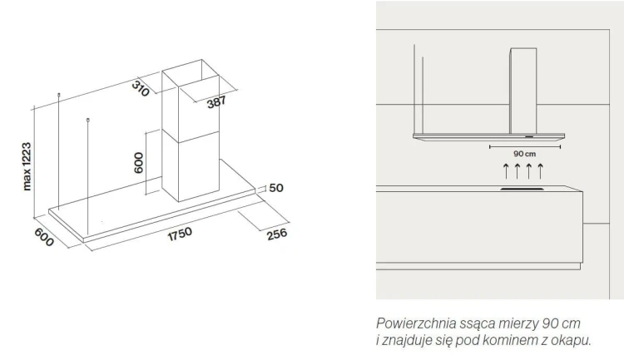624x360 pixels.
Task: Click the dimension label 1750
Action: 180,234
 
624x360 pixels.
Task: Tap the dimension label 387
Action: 216,102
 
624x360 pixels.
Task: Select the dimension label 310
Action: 141,89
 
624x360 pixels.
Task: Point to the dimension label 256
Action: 276,234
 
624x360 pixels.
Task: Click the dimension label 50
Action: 276,188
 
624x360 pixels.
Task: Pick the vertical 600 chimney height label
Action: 138,163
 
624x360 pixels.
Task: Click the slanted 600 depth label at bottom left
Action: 44,237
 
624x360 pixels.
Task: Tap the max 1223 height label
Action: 27,166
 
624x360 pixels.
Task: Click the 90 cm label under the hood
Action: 524,154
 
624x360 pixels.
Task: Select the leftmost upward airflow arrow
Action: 506,170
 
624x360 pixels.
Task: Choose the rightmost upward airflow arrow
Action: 540,170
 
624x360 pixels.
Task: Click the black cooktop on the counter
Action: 522,190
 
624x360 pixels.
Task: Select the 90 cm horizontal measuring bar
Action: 525,147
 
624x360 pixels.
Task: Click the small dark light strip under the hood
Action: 529,136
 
